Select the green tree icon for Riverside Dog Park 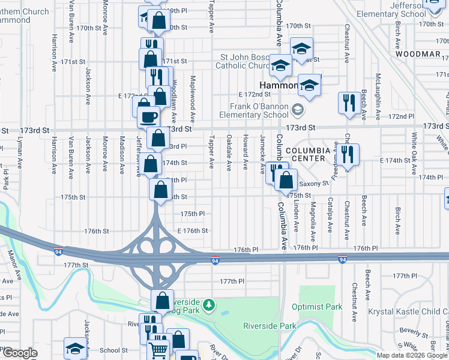point(209,305)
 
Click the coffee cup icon point(148,116)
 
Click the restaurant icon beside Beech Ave point(349,102)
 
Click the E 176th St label point(192,230)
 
